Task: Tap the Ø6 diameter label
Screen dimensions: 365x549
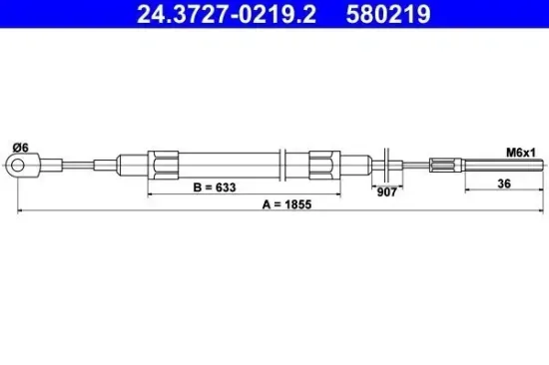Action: [x=21, y=149]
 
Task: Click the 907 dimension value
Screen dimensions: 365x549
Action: [x=387, y=192]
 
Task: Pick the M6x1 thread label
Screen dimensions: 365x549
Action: [x=521, y=152]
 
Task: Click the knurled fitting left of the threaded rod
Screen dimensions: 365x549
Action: [x=446, y=165]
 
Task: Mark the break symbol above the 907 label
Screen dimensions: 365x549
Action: [x=387, y=165]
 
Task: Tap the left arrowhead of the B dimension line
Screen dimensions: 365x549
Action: [x=151, y=192]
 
